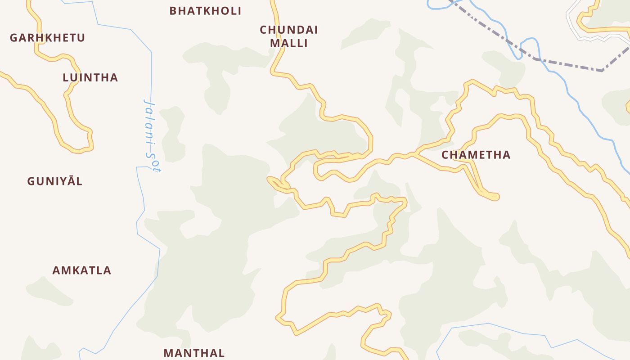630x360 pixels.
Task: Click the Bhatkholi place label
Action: coord(205,11)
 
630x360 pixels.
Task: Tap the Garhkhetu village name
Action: coord(47,38)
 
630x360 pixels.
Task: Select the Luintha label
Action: coord(90,77)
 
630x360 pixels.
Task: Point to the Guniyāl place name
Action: coord(55,181)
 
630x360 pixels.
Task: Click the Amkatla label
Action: coord(81,270)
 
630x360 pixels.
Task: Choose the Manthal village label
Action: coord(194,353)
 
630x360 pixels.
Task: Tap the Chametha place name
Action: coord(476,155)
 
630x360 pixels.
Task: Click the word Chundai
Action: coord(288,30)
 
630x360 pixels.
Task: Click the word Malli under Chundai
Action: coord(288,44)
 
